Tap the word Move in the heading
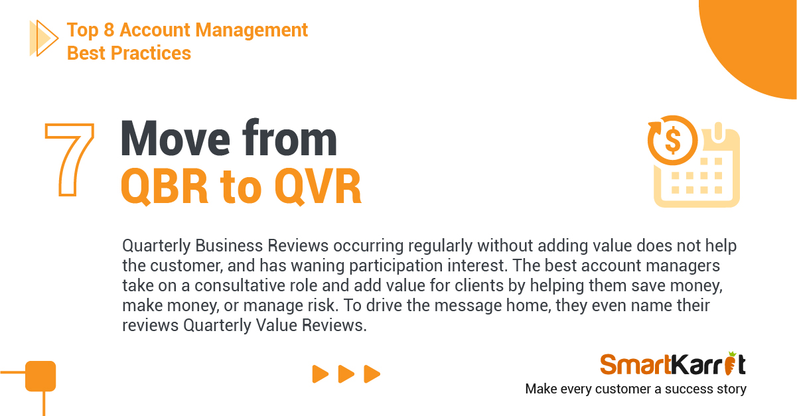coord(176,139)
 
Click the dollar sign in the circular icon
coord(673,140)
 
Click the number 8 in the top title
coord(109,30)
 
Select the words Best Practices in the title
coord(129,53)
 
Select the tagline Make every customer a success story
coord(636,389)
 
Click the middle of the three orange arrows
coord(346,374)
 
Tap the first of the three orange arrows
coord(321,374)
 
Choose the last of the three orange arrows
coord(372,374)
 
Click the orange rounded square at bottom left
coord(40,376)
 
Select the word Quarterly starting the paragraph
coord(157,246)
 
